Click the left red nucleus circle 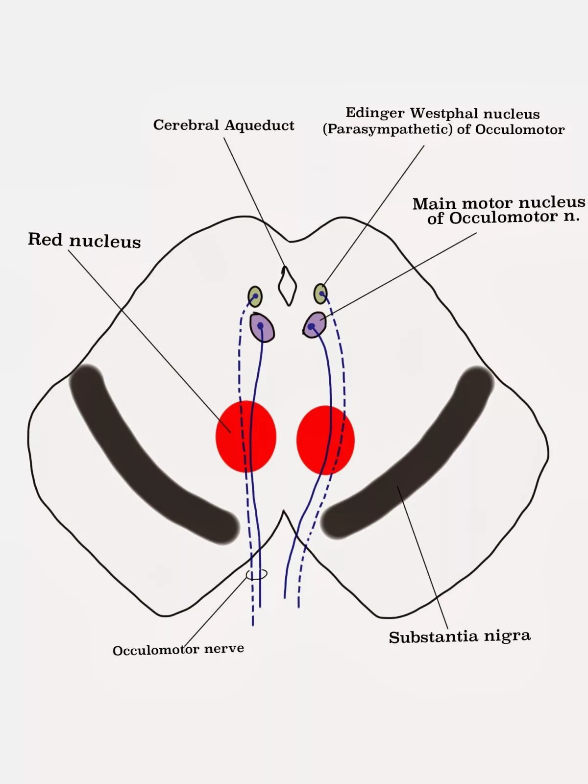point(246,436)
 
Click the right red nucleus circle point(325,440)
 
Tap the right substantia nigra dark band point(416,461)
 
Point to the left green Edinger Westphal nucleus point(255,296)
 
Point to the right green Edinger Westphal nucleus point(320,294)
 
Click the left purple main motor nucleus point(262,327)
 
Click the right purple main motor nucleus point(314,324)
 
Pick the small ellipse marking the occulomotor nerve point(257,574)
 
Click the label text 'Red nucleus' point(84,240)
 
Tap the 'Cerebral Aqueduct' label point(223,125)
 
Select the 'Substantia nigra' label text point(459,637)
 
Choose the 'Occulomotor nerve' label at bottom point(178,650)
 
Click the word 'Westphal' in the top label point(444,114)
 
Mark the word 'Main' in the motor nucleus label point(434,203)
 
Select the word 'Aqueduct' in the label point(259,125)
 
